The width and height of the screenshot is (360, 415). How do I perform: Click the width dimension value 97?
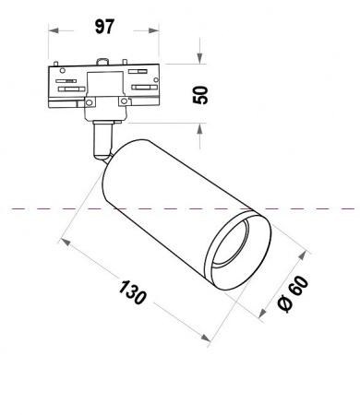click(x=104, y=25)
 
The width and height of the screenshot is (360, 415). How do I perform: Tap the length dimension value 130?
click(x=133, y=293)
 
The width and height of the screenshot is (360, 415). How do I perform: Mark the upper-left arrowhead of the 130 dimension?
click(x=64, y=242)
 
